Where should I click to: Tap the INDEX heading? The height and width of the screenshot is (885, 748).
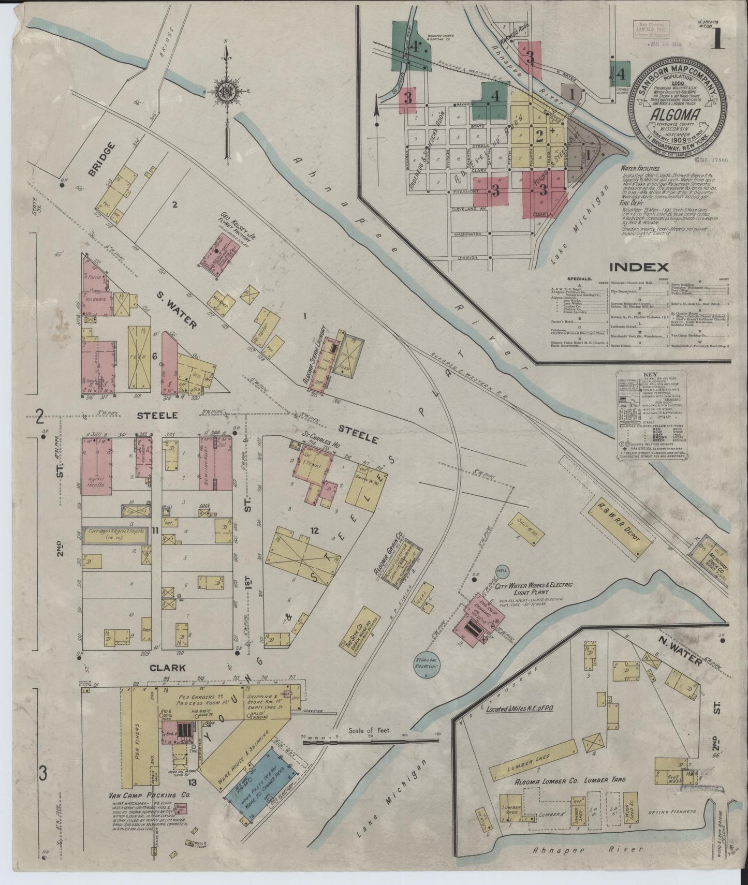639,267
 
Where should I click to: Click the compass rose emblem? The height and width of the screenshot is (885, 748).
226,92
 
